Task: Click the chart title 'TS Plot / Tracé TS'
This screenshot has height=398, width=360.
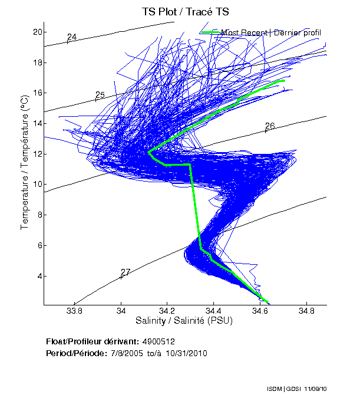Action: click(x=185, y=11)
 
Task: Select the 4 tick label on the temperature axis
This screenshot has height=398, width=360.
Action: click(x=37, y=276)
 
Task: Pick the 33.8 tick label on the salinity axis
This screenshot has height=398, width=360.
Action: click(x=74, y=311)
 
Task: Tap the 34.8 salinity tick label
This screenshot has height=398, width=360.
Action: click(x=305, y=311)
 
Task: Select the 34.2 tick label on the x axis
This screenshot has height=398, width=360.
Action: click(x=167, y=311)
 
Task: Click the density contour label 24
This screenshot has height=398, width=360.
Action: click(x=72, y=38)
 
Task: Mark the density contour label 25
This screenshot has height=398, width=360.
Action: click(x=100, y=95)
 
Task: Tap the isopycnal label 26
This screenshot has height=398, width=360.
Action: click(x=270, y=126)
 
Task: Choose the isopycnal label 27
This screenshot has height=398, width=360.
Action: click(x=125, y=272)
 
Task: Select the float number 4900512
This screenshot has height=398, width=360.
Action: click(x=158, y=341)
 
